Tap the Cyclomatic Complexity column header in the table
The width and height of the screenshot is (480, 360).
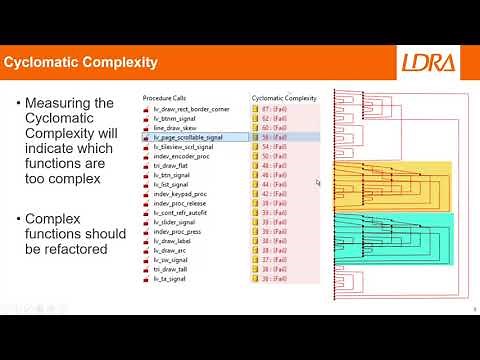[284, 98]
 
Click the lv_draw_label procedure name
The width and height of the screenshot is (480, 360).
[176, 241]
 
